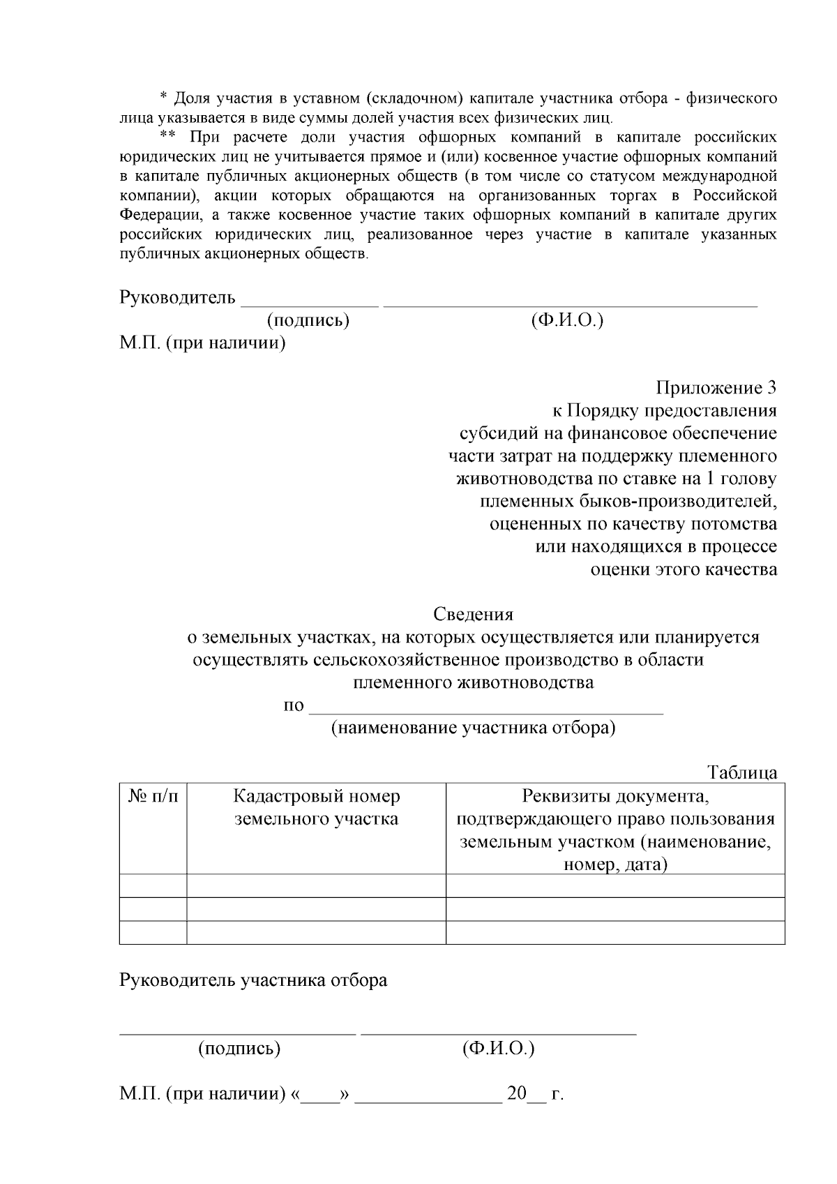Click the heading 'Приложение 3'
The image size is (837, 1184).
[x=716, y=387]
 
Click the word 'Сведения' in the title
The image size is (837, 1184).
[x=473, y=614]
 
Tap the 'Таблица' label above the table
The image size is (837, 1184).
[x=742, y=772]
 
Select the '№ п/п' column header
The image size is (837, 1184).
[x=153, y=796]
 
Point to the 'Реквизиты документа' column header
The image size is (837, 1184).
[x=615, y=796]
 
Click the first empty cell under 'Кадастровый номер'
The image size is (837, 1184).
[x=316, y=885]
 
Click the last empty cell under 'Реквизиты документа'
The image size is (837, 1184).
[x=615, y=932]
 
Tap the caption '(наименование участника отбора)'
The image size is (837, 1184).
[x=473, y=728]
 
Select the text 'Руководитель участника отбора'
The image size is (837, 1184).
[x=253, y=980]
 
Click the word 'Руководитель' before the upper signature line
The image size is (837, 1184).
[x=178, y=298]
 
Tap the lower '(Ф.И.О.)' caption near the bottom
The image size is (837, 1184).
[x=498, y=1048]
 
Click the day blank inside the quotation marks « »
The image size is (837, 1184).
[x=319, y=1094]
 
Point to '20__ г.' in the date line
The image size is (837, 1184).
[x=534, y=1093]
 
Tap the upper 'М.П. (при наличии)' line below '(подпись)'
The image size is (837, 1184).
[x=202, y=343]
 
